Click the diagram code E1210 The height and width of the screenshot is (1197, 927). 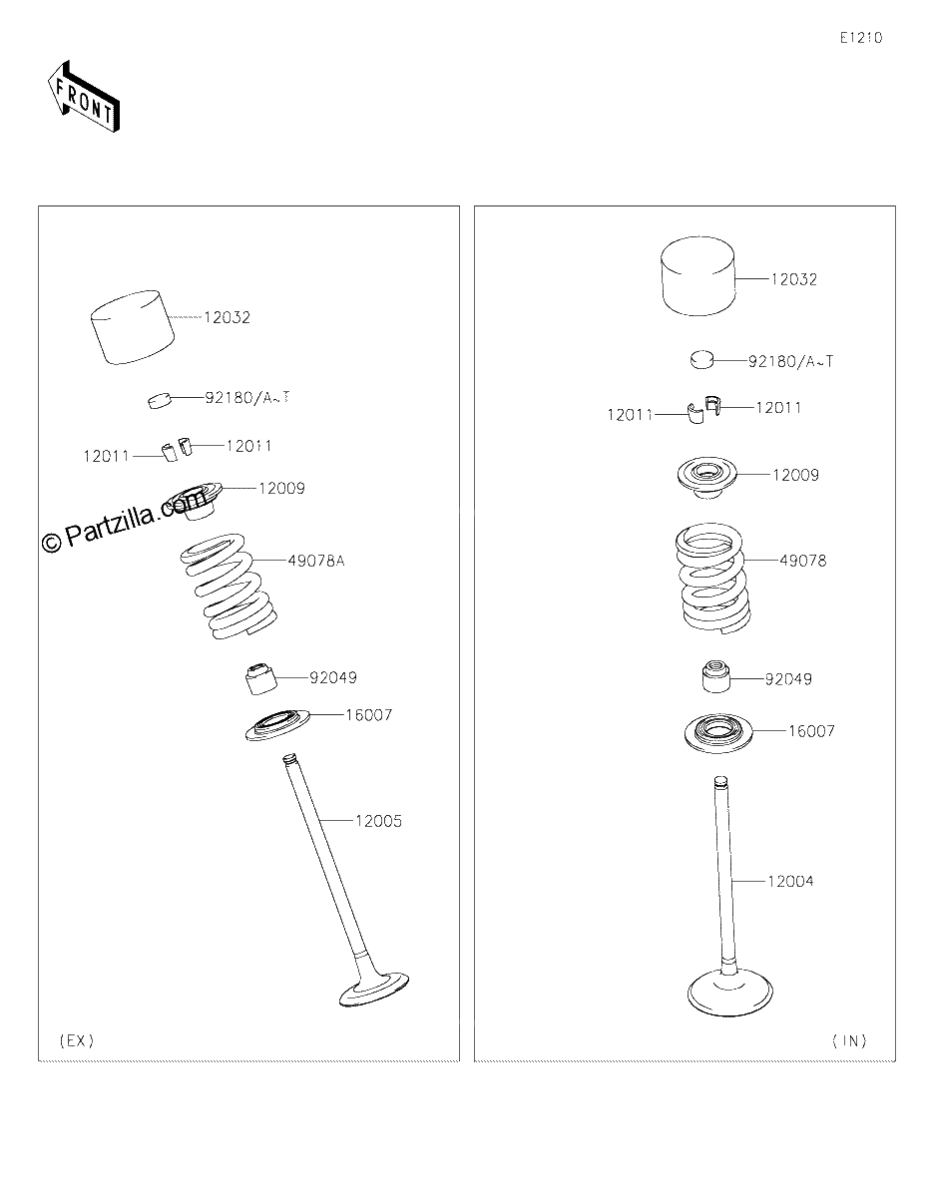tap(861, 38)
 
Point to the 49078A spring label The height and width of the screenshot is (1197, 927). tap(316, 561)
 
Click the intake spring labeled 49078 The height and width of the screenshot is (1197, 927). tap(712, 579)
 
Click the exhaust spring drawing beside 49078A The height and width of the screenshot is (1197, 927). tap(229, 587)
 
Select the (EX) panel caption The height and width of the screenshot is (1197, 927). tap(77, 1040)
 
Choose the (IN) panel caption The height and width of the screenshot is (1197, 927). tap(849, 1040)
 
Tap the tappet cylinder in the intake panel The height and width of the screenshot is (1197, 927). tap(698, 276)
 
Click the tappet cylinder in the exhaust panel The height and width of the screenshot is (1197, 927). tap(132, 327)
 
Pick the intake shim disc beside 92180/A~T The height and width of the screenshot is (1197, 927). tap(701, 360)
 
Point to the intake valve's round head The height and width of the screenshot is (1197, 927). tap(729, 993)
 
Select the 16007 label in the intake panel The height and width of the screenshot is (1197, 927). tap(811, 731)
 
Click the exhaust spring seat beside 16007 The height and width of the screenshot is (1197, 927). tap(277, 725)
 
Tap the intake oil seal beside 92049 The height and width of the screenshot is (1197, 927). tap(716, 677)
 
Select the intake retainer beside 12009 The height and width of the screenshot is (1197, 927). tap(706, 478)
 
